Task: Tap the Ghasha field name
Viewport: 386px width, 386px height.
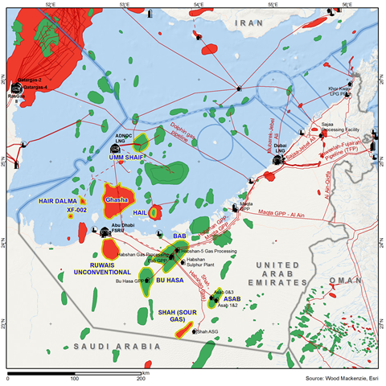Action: [119, 198]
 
